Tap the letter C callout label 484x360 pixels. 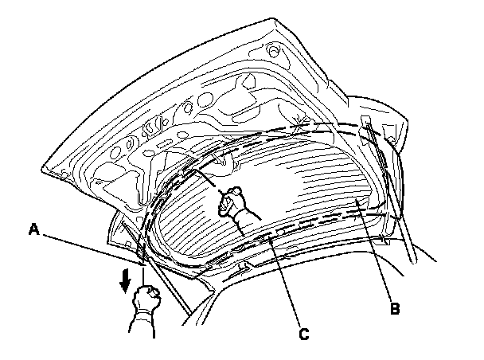[x=304, y=336]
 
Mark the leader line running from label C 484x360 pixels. [x=282, y=280]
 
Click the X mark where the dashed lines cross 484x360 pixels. [x=300, y=125]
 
